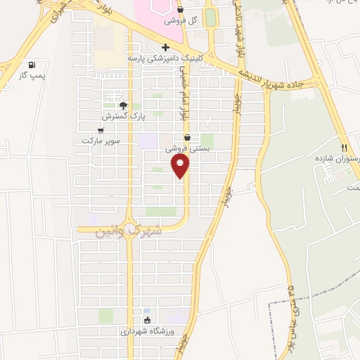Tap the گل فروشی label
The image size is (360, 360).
181,22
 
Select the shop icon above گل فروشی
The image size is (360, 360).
181,10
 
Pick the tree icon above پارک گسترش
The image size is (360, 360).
123,105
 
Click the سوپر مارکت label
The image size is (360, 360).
101,141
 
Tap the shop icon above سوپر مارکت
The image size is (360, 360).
101,129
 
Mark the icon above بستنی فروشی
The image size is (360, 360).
187,137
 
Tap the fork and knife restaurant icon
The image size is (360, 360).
344,148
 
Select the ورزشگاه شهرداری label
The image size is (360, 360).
146,330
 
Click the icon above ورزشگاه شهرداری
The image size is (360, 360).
146,319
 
